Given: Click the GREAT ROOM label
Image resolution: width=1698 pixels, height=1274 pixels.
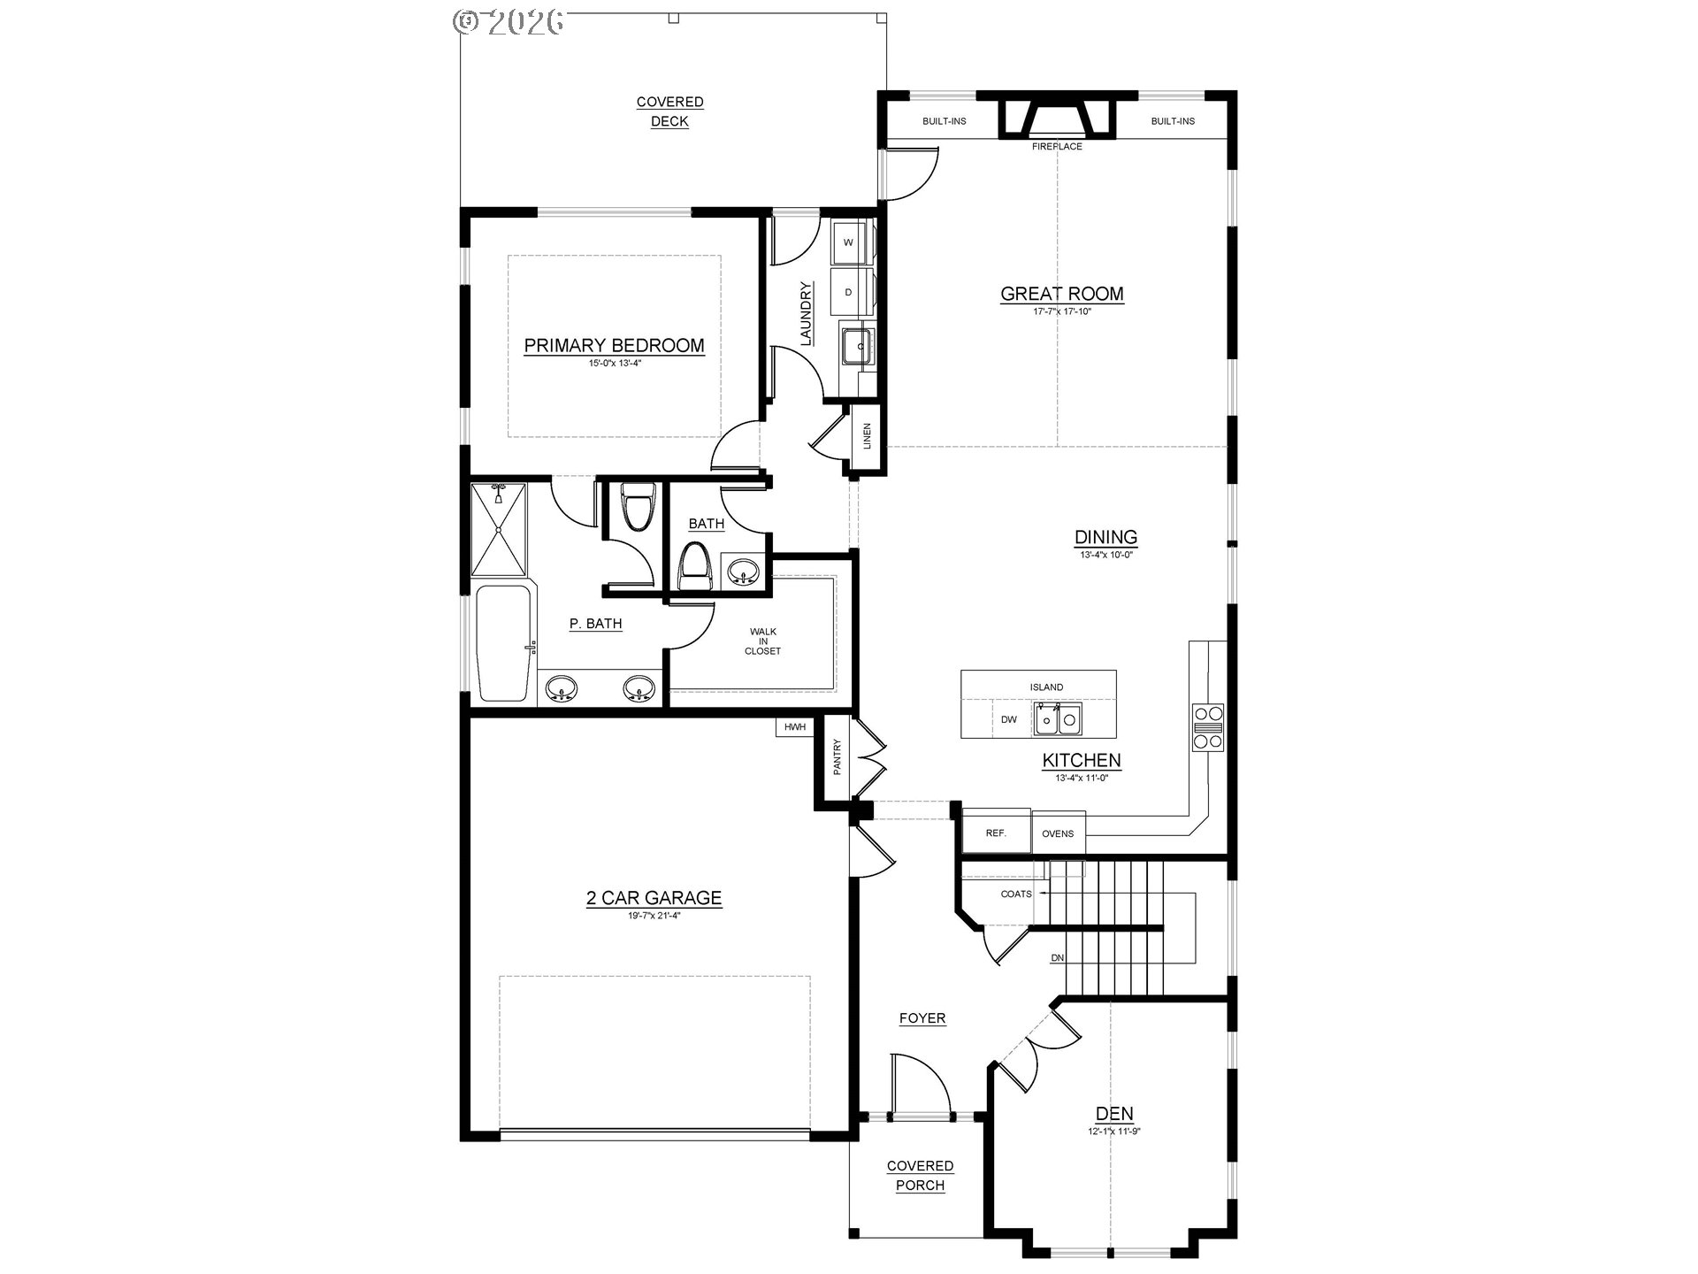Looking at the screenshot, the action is click(1061, 294).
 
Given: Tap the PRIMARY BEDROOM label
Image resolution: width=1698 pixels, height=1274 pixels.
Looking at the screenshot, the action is click(614, 346).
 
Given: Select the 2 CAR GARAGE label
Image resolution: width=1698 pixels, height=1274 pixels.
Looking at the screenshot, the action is click(654, 898).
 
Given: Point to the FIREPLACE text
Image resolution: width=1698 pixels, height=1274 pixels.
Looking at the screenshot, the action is click(1057, 147).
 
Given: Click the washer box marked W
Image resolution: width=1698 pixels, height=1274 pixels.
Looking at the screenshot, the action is click(849, 242).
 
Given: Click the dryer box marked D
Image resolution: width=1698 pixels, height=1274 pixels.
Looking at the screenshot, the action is click(849, 292).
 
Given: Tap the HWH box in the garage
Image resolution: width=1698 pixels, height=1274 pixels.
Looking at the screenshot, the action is click(795, 727).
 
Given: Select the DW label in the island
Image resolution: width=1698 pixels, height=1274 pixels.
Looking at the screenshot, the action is click(1009, 720).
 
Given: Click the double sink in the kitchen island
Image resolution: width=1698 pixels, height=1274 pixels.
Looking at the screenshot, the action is click(1059, 719).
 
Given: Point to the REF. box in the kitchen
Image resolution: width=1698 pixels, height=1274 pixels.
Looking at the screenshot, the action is click(996, 833).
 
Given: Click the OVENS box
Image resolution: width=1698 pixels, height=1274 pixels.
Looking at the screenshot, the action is click(1058, 833).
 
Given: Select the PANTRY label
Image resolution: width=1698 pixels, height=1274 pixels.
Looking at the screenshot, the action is click(837, 757).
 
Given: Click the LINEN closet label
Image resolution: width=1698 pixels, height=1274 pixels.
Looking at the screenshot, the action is click(867, 436).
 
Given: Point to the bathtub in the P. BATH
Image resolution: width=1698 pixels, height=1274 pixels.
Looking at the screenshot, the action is click(503, 643).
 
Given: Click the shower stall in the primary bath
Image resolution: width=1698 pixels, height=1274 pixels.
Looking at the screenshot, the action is click(498, 528).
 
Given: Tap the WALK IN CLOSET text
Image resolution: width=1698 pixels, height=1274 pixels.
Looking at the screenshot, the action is click(762, 641).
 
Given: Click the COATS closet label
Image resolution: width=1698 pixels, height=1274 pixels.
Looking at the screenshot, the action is click(1016, 894).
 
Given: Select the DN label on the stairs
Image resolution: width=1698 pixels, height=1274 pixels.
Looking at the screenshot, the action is click(1057, 958).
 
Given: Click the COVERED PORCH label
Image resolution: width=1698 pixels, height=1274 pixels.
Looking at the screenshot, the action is click(920, 1176).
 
